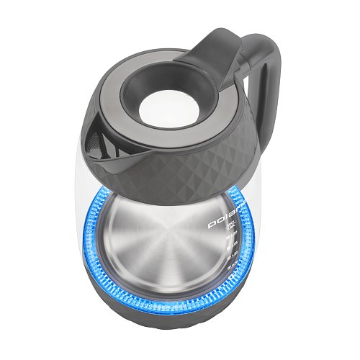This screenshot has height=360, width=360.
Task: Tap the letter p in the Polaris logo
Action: click(222, 228)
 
